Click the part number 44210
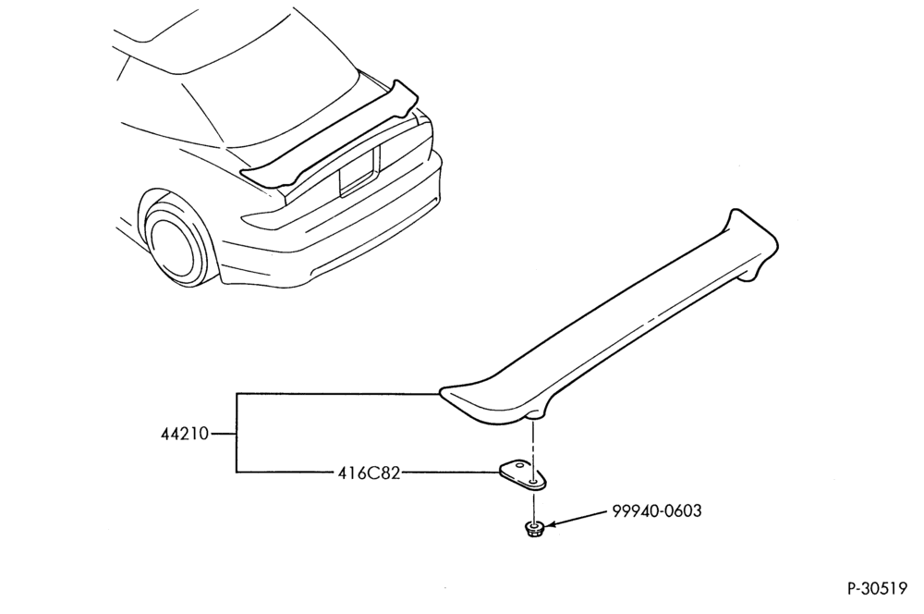185,434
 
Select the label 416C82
369,473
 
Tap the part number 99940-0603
657,510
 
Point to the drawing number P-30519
878,589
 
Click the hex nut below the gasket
534,529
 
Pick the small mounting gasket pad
523,475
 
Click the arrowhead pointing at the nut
549,524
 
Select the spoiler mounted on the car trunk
330,139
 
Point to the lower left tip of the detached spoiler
444,392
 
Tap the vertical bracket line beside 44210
237,433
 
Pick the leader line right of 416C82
451,473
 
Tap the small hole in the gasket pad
533,481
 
